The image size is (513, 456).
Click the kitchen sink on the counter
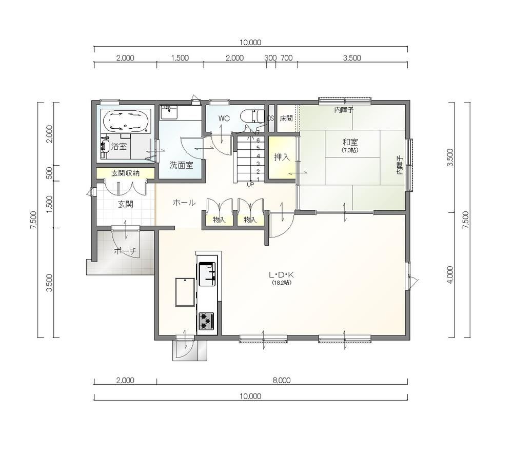(207, 274)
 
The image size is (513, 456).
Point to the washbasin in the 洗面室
(169, 112)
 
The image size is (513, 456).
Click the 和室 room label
(350, 142)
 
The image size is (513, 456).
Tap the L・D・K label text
(281, 275)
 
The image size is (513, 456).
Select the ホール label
(184, 203)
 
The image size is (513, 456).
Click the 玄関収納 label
(125, 173)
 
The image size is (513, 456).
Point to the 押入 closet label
(282, 157)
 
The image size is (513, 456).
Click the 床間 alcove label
(286, 118)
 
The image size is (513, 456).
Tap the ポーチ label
(125, 251)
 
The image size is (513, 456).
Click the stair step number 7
(258, 132)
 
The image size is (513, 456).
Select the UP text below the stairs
(250, 185)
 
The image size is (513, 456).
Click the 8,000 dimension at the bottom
(281, 380)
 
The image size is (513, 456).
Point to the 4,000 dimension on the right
(450, 275)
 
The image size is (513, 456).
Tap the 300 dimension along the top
(270, 58)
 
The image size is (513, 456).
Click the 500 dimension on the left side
(50, 173)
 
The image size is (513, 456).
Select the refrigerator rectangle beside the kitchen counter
(185, 292)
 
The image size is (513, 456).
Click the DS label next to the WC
(270, 118)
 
